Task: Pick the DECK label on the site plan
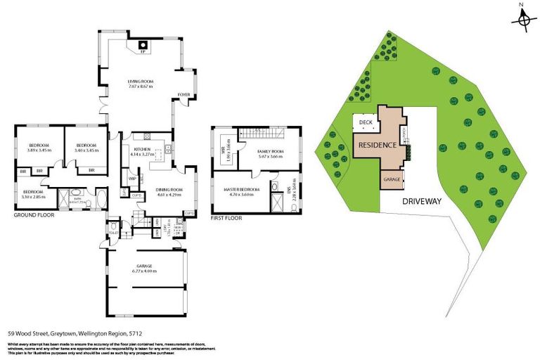click(365, 122)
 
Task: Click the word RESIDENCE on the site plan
click(378, 145)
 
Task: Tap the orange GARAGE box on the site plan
click(391, 179)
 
